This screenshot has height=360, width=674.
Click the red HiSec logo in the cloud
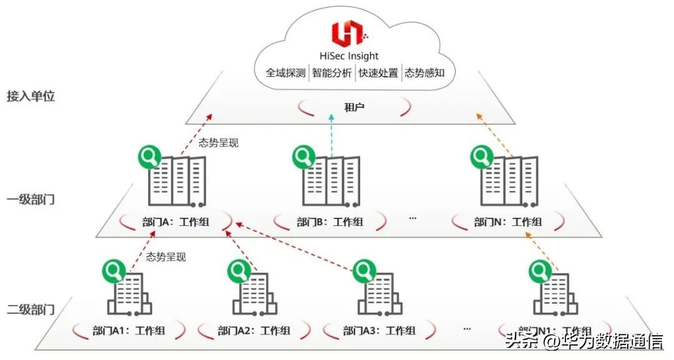click(x=346, y=33)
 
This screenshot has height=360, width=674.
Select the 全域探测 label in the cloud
click(x=285, y=73)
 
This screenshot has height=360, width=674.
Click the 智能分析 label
click(x=331, y=73)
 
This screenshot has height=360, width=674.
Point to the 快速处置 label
click(x=378, y=73)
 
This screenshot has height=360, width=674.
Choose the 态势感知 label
click(x=424, y=73)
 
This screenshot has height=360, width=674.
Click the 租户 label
click(x=354, y=107)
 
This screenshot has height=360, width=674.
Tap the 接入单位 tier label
click(x=31, y=97)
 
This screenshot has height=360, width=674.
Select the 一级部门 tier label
click(x=31, y=200)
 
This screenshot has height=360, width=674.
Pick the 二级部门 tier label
click(x=31, y=309)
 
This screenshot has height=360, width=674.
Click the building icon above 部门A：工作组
click(x=177, y=181)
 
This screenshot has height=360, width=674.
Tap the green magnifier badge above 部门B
click(x=305, y=157)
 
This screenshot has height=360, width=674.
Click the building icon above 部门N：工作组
click(x=509, y=181)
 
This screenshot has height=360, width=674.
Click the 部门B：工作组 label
click(x=330, y=222)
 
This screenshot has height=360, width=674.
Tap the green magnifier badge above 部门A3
click(x=363, y=271)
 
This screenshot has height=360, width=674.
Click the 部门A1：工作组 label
click(x=129, y=331)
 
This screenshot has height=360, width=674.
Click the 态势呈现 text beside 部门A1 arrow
click(x=166, y=256)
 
